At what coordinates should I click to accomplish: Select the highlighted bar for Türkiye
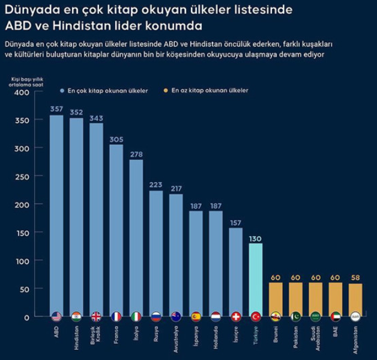(256, 279)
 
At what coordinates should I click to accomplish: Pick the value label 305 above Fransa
(116, 139)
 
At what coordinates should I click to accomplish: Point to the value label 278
(136, 154)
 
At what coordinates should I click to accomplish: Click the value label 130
(256, 238)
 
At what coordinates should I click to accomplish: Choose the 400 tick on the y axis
(21, 93)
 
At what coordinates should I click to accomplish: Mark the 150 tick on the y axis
(21, 233)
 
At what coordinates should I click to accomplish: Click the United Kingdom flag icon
(96, 316)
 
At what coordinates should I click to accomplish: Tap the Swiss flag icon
(236, 316)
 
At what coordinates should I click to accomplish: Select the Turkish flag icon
(256, 316)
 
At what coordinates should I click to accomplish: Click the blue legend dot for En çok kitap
(62, 91)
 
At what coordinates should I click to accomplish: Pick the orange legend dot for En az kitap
(166, 91)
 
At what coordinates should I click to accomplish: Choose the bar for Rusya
(156, 252)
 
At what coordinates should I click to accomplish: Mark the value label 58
(355, 278)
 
